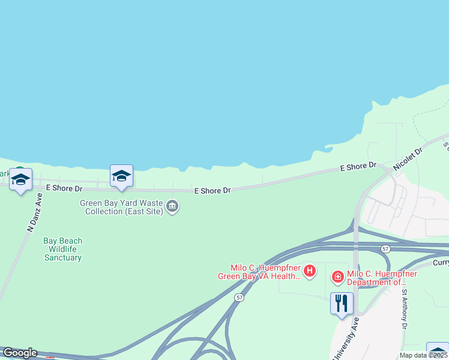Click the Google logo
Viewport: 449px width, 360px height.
[x=20, y=353]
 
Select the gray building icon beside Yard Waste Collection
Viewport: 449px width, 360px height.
[x=172, y=207]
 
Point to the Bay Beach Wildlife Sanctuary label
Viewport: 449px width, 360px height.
[x=63, y=249]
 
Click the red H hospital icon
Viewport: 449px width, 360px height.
[x=310, y=271]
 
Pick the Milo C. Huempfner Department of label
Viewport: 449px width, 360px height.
[x=382, y=278]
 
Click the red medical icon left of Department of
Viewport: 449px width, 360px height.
[x=338, y=277]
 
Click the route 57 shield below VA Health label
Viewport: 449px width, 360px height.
[x=240, y=298]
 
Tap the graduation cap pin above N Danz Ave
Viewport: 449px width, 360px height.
[x=21, y=179]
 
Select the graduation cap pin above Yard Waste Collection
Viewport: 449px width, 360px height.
[x=121, y=176]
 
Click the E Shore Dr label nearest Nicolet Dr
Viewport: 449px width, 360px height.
[x=358, y=166]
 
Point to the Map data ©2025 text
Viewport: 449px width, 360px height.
[x=424, y=355]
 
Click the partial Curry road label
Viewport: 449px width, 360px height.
[x=441, y=263]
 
